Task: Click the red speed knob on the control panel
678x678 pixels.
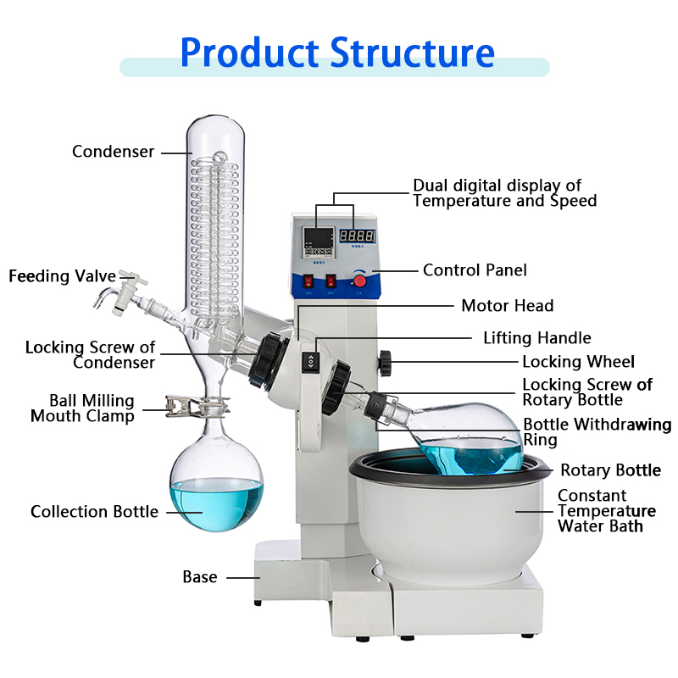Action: click(x=359, y=281)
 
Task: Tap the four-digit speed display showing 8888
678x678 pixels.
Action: click(x=358, y=236)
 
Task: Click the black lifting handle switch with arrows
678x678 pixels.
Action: click(x=311, y=361)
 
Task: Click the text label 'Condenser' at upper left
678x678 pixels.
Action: click(x=114, y=152)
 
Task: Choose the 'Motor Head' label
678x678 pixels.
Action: click(x=507, y=306)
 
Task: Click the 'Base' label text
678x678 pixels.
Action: click(x=200, y=577)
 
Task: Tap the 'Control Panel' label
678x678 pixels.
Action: click(x=475, y=270)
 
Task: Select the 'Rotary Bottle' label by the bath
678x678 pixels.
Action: click(x=610, y=470)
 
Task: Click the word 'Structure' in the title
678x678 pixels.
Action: click(x=412, y=53)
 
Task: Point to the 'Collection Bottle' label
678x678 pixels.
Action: click(x=94, y=512)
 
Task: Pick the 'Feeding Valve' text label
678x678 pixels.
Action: click(x=51, y=277)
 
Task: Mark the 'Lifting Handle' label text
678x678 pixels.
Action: click(x=537, y=338)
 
